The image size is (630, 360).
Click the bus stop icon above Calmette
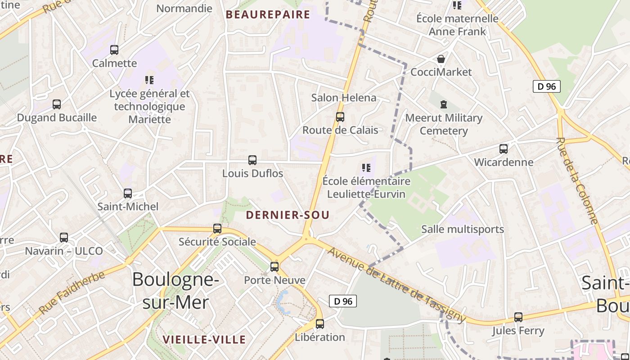pyautogui.click(x=114, y=50)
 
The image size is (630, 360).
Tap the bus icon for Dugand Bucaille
pyautogui.click(x=57, y=104)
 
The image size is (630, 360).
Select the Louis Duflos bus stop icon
pyautogui.click(x=252, y=160)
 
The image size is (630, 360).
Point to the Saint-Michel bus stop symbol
pyautogui.click(x=128, y=193)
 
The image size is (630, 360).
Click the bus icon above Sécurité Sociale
pyautogui.click(x=217, y=229)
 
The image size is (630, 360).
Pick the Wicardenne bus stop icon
pyautogui.click(x=504, y=149)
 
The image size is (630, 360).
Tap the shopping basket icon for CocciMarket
pyautogui.click(x=441, y=59)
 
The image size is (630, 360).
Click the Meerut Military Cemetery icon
pyautogui.click(x=444, y=105)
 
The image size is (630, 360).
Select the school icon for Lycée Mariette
pyautogui.click(x=149, y=81)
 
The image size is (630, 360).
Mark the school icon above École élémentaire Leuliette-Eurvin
pyautogui.click(x=366, y=168)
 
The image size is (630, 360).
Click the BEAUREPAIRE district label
pyautogui.click(x=268, y=14)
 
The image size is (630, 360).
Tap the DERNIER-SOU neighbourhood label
pyautogui.click(x=288, y=215)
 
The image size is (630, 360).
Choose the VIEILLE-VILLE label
pyautogui.click(x=204, y=339)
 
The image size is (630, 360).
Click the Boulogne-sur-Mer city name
pyautogui.click(x=175, y=291)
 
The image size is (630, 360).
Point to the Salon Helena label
pyautogui.click(x=344, y=98)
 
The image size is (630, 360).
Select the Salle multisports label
pyautogui.click(x=463, y=229)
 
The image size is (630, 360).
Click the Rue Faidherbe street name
pyautogui.click(x=72, y=292)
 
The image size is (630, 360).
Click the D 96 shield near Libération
pyautogui.click(x=343, y=301)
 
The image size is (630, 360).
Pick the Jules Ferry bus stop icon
pyautogui.click(x=518, y=317)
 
